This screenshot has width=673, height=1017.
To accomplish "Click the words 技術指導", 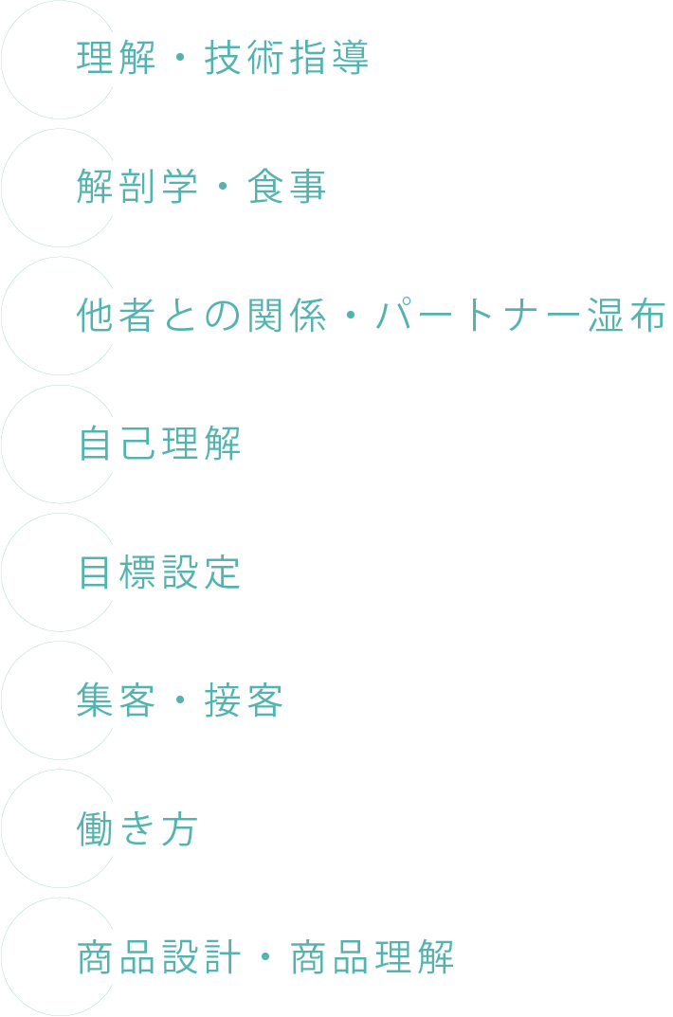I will pyautogui.click(x=286, y=59).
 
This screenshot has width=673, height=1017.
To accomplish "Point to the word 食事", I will pyautogui.click(x=286, y=188).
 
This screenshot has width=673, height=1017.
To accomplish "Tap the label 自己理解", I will pyautogui.click(x=159, y=444).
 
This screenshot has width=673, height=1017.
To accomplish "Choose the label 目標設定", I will pyautogui.click(x=159, y=572).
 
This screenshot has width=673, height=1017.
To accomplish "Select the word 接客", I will pyautogui.click(x=244, y=700).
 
